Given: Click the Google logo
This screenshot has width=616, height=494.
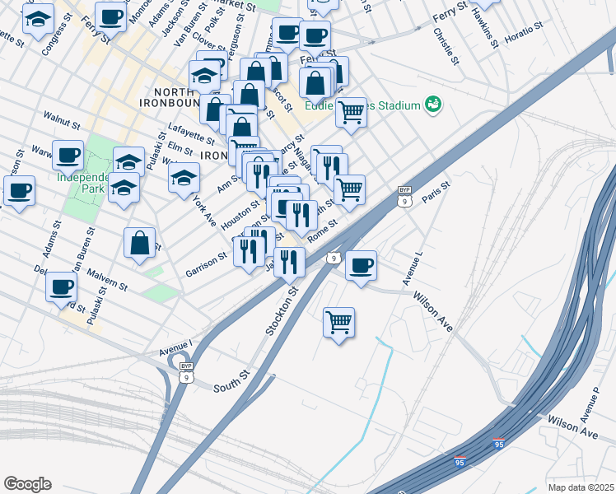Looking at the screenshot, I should pos(27,484).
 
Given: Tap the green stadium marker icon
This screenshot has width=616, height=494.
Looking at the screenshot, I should pos(432,105).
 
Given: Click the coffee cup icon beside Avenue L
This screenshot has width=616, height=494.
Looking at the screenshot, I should pos(361,265).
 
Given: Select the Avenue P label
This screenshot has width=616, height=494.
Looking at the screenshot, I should pos(590,401).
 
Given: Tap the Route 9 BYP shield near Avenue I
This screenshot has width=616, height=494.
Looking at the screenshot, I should pos(186,372).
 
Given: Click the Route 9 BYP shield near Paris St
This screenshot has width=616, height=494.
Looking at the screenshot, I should pos(404,194).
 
